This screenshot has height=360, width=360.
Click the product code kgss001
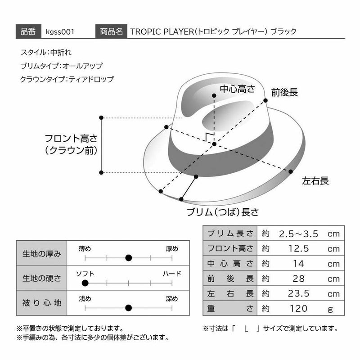coord(60,31)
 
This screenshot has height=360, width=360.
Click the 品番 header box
coord(28,31)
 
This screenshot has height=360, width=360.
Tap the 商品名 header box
coord(111,31)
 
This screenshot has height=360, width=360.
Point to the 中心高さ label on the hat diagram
coord(238,89)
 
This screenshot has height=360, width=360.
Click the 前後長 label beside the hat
coord(284,92)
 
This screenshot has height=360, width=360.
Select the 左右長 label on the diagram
coord(315,181)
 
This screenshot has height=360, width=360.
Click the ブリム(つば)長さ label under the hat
coord(223,212)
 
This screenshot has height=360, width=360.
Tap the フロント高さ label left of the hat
coord(72,139)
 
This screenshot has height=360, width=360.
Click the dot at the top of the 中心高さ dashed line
coord(214,95)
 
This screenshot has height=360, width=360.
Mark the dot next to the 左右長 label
coord(290,171)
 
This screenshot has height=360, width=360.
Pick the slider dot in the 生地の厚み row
coord(129,258)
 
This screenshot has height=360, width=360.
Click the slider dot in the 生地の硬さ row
coord(85,283)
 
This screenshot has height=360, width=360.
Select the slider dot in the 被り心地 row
coord(129,308)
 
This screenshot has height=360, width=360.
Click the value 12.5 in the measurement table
coord(298,248)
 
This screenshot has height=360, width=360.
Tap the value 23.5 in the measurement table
coord(298,293)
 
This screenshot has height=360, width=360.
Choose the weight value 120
coord(298,309)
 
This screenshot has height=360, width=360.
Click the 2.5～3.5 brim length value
coord(298,234)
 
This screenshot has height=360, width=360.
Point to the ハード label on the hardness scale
coord(172,274)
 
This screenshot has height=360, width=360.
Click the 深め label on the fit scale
coord(172,299)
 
